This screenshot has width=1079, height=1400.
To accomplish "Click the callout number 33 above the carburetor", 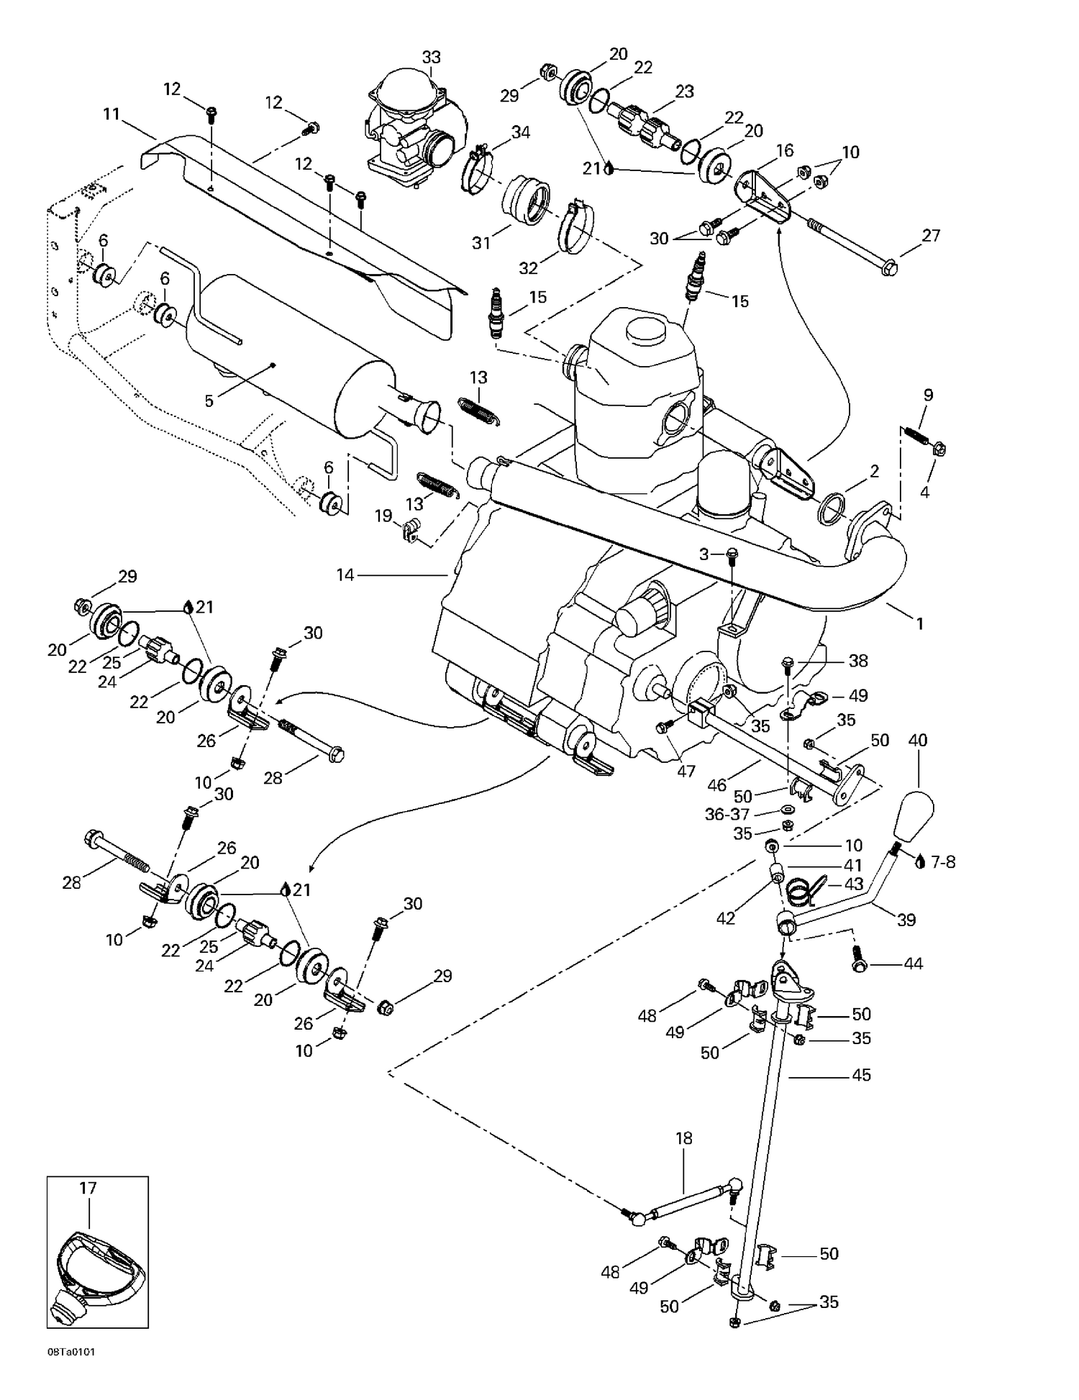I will (x=431, y=57).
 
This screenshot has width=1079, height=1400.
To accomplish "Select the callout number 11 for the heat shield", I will (x=111, y=114).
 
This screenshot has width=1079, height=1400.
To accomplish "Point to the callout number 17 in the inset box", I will (x=88, y=1188).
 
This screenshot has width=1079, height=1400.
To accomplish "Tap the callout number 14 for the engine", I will (x=346, y=575).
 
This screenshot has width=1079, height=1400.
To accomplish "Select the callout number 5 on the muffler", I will (x=209, y=401).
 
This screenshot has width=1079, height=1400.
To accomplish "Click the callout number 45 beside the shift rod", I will (x=861, y=1074).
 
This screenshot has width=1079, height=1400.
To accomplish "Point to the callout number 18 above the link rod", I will (x=683, y=1138).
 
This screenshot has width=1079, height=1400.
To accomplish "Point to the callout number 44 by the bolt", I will (x=913, y=964).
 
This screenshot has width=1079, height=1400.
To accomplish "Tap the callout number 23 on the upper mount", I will (x=684, y=91).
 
